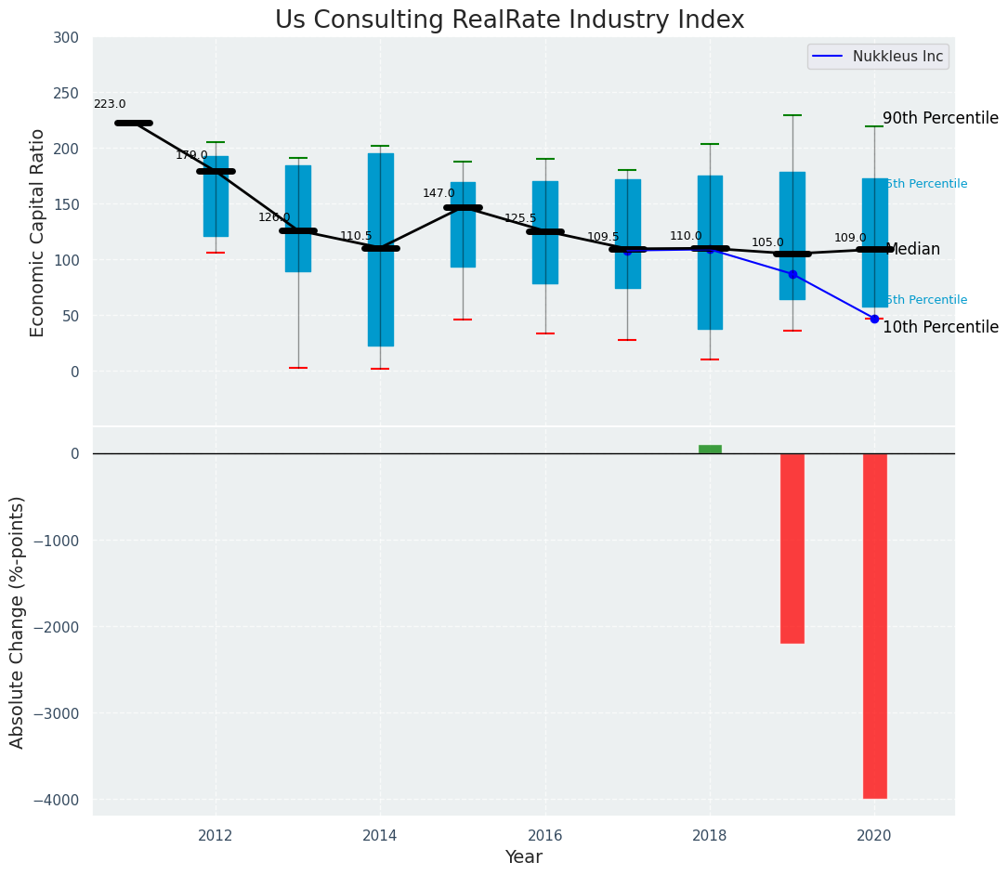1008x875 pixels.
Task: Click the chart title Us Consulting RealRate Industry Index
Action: point(509,20)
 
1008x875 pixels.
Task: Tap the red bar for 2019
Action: point(792,548)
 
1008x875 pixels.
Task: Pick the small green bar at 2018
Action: point(710,450)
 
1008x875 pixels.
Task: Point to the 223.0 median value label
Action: point(110,105)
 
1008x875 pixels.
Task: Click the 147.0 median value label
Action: point(439,193)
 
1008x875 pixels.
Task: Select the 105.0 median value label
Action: point(767,242)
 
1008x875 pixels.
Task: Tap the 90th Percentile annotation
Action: point(940,119)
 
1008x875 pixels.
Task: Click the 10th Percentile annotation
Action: point(940,328)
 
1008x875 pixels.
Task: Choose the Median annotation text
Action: point(912,250)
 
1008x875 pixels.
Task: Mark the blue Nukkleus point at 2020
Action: point(874,319)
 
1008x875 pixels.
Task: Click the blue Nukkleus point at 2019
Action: point(792,274)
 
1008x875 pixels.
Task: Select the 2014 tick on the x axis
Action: point(380,835)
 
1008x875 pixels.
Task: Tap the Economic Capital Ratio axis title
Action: point(38,232)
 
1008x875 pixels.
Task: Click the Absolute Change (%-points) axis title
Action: point(18,621)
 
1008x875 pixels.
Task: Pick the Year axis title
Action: point(523,857)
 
